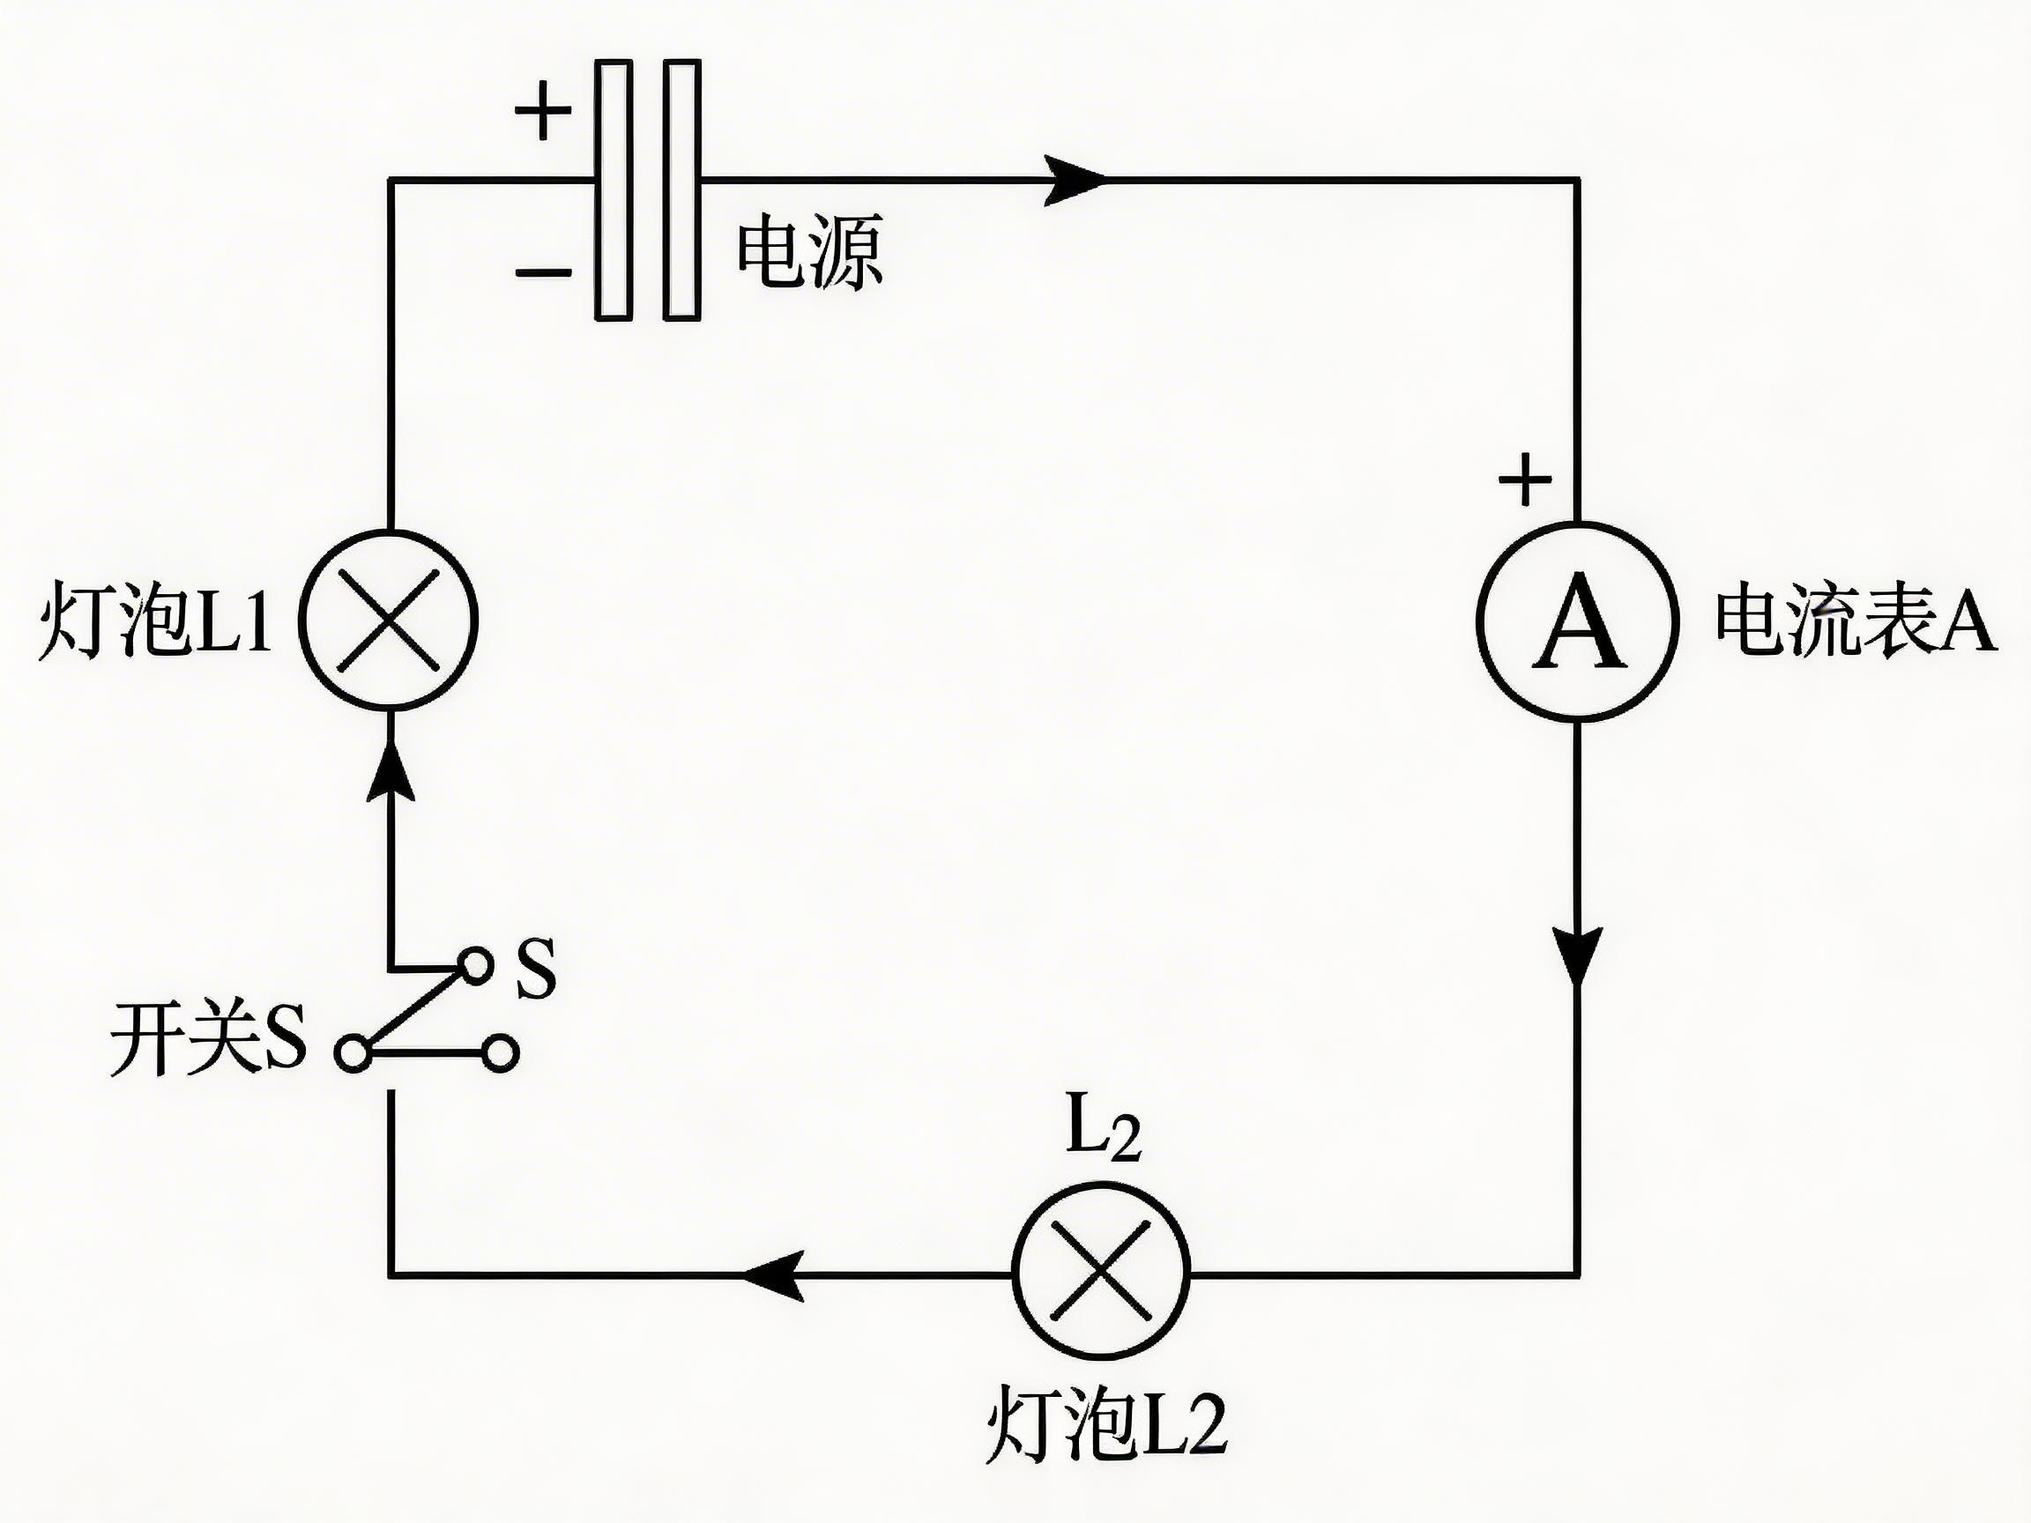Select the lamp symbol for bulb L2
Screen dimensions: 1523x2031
tap(1101, 1274)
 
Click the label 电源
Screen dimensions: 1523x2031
tap(809, 251)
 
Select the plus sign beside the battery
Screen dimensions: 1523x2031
tap(543, 110)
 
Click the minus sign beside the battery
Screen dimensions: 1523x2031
tap(543, 271)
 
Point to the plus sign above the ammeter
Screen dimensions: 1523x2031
tap(1525, 479)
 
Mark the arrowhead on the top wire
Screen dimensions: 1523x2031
tap(1076, 180)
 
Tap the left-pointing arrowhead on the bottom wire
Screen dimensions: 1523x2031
tap(773, 1275)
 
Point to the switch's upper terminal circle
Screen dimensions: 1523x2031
tap(475, 966)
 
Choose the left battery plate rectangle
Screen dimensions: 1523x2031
tap(614, 189)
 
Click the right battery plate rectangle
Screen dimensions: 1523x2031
tap(682, 189)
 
